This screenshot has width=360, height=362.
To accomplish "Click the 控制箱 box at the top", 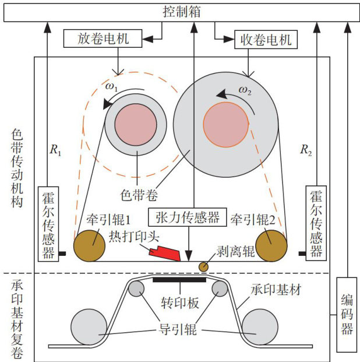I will coord(179,12).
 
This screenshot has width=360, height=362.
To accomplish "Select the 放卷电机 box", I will coord(102,39).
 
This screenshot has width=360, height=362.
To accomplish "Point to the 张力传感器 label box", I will coord(187,217).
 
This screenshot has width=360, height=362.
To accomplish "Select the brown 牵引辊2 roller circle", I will coord(271,245).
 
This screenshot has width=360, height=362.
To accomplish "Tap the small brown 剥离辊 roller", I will coord(204,266).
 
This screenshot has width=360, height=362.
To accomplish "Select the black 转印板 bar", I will coord(179,280).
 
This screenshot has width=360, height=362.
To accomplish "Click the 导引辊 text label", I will coord(180,330).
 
